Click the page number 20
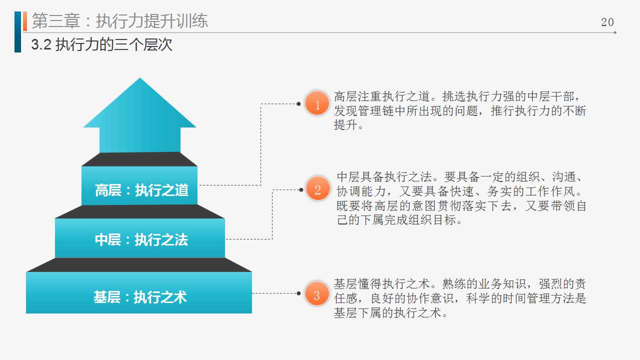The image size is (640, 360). pyautogui.click(x=607, y=22)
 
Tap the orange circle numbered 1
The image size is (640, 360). pyautogui.click(x=317, y=103)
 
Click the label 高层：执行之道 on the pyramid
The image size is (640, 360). pyautogui.click(x=141, y=190)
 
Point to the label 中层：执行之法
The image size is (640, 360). pyautogui.click(x=141, y=239)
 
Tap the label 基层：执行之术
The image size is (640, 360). pyautogui.click(x=140, y=297)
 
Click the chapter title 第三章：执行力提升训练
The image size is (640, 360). pyautogui.click(x=119, y=21)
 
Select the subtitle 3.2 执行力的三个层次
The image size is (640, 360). pyautogui.click(x=101, y=44)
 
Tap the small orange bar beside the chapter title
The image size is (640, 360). pyautogui.click(x=25, y=21)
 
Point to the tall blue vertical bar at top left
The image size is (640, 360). pyautogui.click(x=17, y=32)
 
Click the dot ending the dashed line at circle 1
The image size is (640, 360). pyautogui.click(x=298, y=103)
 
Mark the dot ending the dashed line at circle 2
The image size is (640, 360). pyautogui.click(x=301, y=189)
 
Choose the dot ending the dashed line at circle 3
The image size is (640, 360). pyautogui.click(x=298, y=293)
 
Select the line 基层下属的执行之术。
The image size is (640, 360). pyautogui.click(x=390, y=313)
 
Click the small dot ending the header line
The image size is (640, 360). pyautogui.click(x=615, y=32)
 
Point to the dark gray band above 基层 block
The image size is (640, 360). pyautogui.click(x=139, y=265)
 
